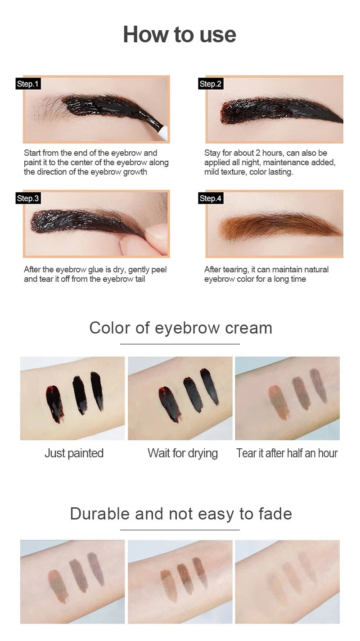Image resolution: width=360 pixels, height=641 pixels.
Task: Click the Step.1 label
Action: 28,84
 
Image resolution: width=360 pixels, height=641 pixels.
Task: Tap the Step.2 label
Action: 211,84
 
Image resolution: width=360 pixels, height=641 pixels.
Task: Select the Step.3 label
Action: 28,199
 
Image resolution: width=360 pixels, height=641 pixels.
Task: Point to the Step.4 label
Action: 211,199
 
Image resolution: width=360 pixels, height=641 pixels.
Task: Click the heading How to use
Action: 180,35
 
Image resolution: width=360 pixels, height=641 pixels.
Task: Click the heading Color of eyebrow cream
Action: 180,328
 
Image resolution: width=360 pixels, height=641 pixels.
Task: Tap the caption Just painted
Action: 74,453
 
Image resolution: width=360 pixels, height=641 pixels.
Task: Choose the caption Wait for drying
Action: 183,453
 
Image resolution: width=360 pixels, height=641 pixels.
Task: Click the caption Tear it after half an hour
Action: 287,453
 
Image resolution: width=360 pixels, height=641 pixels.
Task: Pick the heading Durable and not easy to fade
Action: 181,514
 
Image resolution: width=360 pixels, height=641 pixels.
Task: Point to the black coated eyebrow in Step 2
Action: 279,110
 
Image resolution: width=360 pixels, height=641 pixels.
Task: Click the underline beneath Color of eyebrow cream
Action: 180,344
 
